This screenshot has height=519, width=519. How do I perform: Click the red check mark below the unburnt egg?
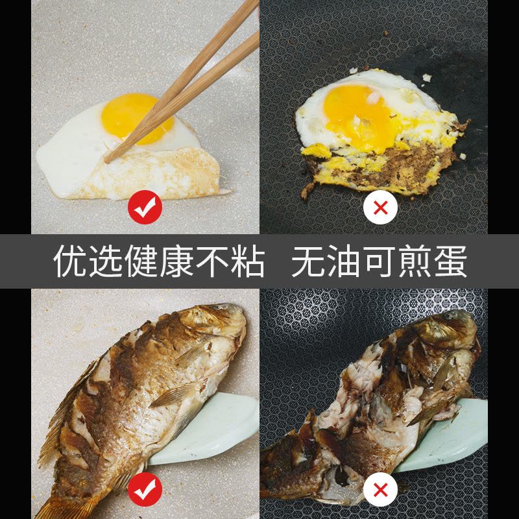click(145, 207)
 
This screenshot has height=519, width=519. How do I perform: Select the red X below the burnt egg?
click(380, 208)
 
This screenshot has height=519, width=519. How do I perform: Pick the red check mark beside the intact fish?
click(145, 489)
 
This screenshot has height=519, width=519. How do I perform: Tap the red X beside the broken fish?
click(380, 489)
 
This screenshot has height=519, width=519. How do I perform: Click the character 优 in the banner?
click(70, 261)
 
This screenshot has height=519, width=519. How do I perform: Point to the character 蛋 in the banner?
click(450, 261)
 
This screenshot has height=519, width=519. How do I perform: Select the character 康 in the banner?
click(176, 261)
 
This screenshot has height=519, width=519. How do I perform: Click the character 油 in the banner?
click(344, 261)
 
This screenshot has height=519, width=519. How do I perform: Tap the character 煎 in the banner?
click(415, 261)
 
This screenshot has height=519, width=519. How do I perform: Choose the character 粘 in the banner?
click(248, 261)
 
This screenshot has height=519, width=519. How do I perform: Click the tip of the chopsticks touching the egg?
click(106, 161)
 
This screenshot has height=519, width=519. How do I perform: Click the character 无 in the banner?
click(308, 261)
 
